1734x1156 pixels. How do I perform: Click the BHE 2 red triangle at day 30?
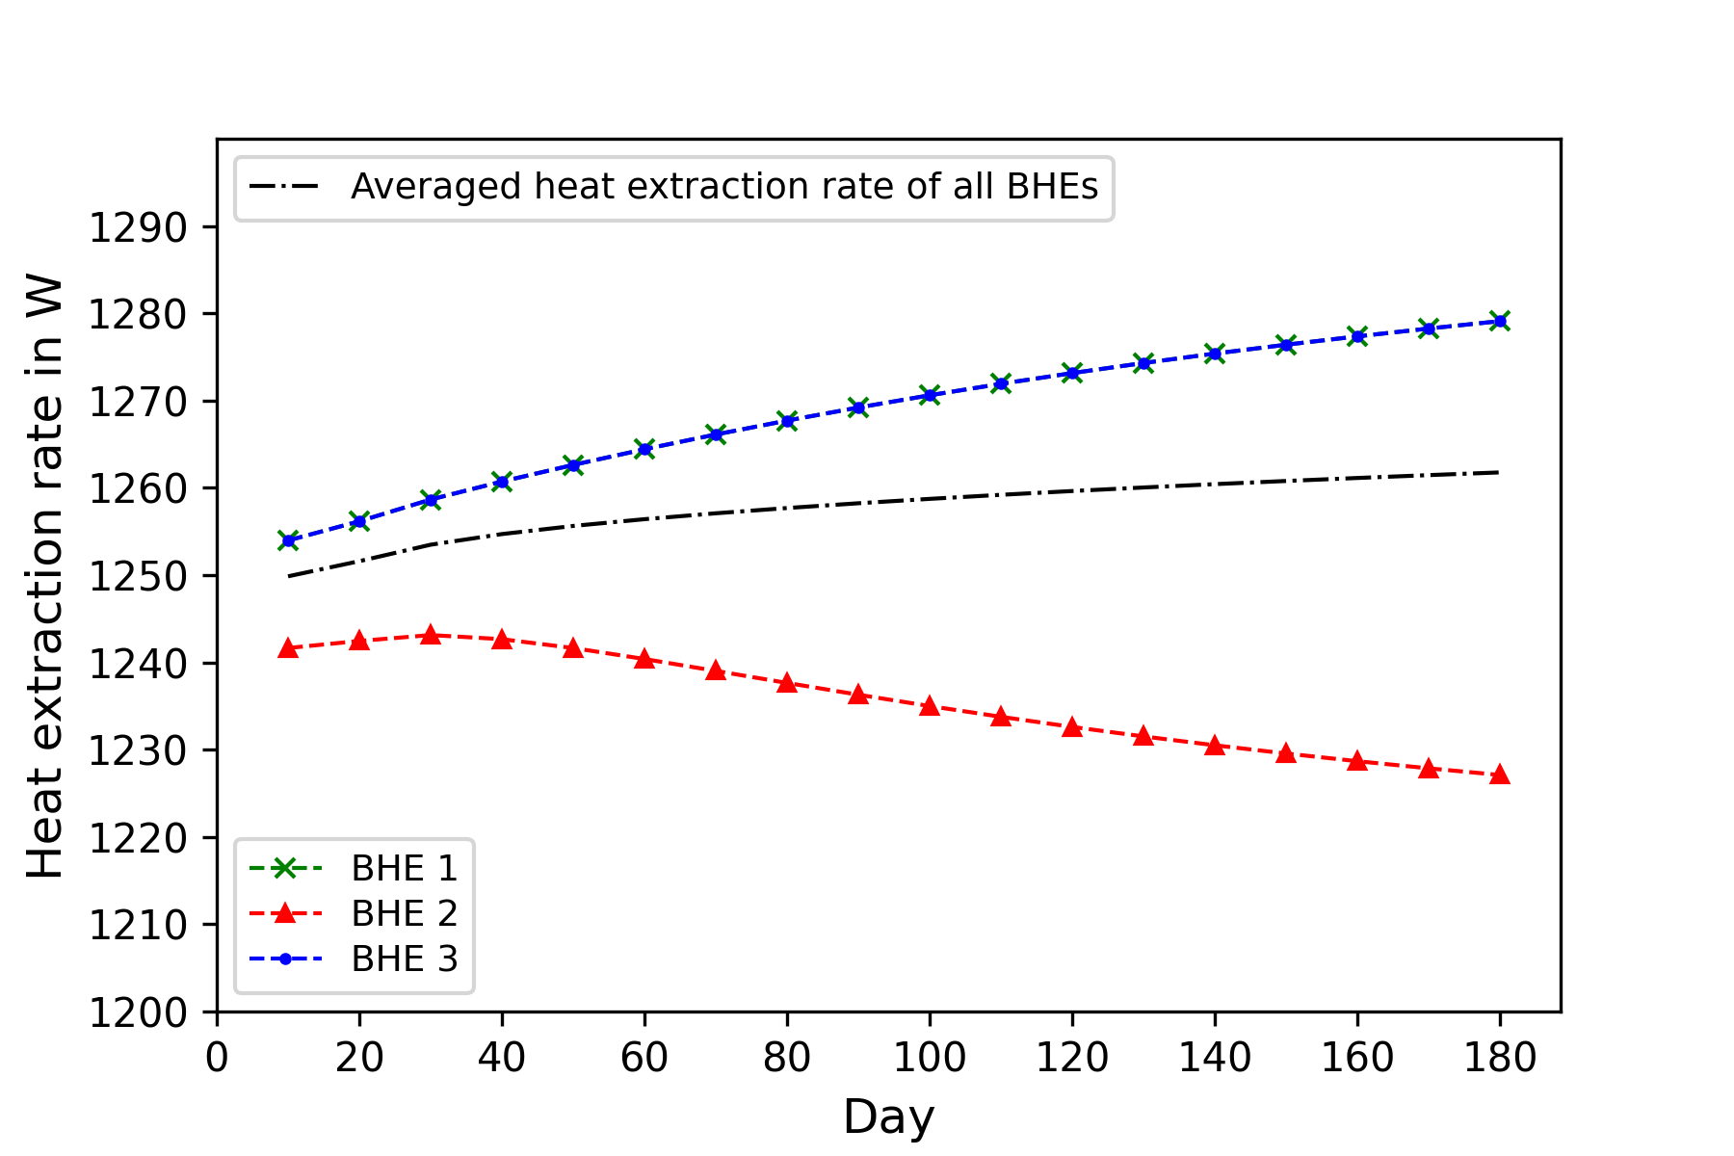point(431,635)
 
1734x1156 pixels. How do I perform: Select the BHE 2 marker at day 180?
point(1499,775)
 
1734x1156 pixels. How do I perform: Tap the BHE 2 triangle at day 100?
point(930,706)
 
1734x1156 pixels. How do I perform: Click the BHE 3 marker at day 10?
point(288,540)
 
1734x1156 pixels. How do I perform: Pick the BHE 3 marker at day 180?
point(1499,321)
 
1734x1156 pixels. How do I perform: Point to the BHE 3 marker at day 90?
point(858,407)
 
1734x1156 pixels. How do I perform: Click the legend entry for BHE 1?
point(404,868)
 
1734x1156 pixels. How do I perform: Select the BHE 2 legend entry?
point(404,913)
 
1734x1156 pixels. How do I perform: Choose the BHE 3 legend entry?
point(404,959)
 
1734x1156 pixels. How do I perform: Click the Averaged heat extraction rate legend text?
point(723,187)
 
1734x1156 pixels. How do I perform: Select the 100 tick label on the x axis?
point(930,1058)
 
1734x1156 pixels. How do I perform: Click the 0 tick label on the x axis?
point(218,1058)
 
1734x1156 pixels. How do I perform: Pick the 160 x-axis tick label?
point(1356,1058)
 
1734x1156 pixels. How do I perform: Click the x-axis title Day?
point(888,1117)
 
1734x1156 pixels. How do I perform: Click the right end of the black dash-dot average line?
point(1498,472)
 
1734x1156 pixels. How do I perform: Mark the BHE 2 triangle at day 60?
point(644,659)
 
